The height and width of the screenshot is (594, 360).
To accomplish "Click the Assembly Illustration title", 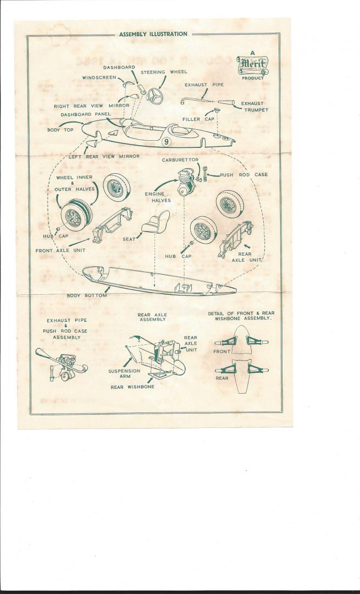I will coord(153,34).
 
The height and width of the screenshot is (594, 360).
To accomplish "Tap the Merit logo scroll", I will coord(252,66).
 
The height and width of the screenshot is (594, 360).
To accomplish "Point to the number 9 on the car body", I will coord(167,142).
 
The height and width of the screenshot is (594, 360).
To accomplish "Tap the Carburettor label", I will coord(180,159).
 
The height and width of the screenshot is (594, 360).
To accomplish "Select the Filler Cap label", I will coord(198,119).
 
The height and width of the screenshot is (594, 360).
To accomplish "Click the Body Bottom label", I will coord(87,296).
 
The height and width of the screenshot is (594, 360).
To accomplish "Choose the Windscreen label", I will coord(99,78).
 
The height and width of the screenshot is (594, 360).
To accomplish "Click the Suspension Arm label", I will coord(124,373).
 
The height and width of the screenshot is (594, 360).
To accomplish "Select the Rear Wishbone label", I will coord(132,387).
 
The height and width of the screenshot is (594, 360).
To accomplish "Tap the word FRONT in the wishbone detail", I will coord(222,351).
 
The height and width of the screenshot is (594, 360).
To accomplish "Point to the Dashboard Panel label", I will coord(83,114).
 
